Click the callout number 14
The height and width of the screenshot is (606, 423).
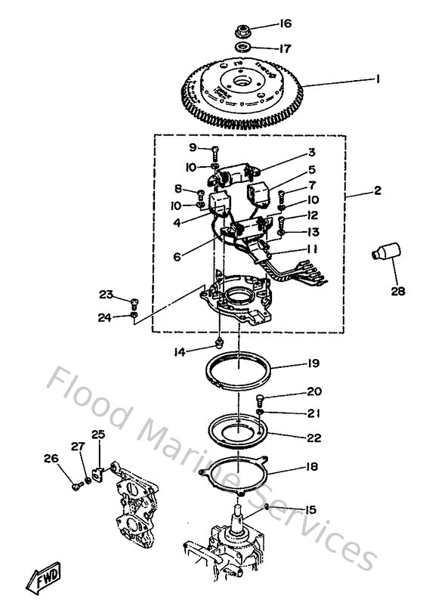199,351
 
